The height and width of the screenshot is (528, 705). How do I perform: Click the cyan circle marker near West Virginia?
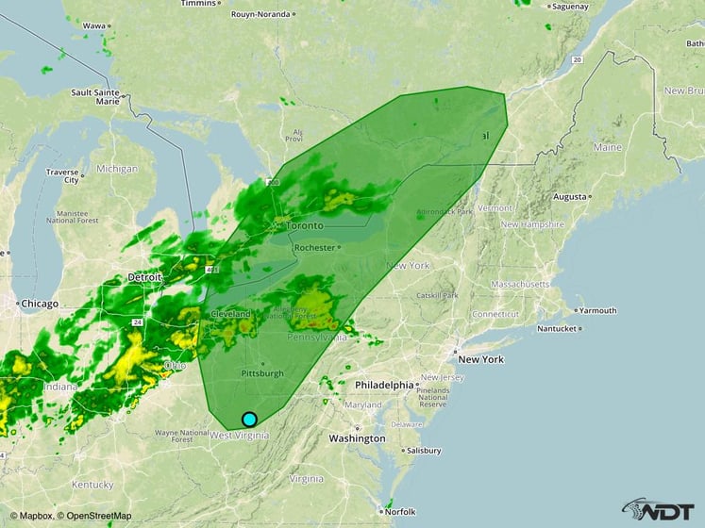point(249,420)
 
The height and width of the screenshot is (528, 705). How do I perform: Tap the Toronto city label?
point(305,226)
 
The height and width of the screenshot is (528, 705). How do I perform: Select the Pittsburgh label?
point(261,372)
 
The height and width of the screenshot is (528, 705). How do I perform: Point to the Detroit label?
point(144,278)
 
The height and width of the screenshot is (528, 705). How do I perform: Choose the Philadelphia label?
point(384,385)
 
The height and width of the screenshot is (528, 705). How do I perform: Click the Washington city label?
point(357,438)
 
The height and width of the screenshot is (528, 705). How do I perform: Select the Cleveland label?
point(230,313)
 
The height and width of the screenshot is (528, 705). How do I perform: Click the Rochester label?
point(314,248)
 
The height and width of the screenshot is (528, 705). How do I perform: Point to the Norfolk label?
point(399,512)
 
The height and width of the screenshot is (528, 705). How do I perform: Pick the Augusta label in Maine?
point(569,197)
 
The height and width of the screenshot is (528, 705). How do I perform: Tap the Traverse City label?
point(62,175)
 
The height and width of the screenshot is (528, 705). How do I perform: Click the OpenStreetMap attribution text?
point(95,516)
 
